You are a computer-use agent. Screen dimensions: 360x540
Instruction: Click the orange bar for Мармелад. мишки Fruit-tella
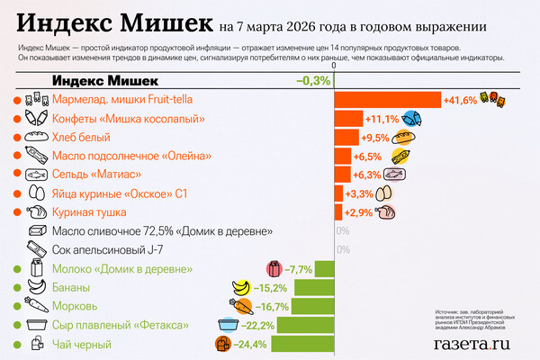tap(387, 100)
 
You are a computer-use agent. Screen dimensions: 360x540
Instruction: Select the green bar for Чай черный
tap(302, 344)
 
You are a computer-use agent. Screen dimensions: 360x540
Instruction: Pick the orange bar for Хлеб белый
tap(346, 138)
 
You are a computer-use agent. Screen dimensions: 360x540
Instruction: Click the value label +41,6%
tap(460, 100)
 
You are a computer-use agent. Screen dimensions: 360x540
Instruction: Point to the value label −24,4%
tap(251, 344)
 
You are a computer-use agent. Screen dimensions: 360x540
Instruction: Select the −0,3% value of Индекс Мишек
tap(314, 81)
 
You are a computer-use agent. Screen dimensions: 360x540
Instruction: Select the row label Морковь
tap(75, 306)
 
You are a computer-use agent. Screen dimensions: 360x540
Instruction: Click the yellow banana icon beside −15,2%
tap(241, 288)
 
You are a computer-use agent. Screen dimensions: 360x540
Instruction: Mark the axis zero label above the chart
tap(334, 66)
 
